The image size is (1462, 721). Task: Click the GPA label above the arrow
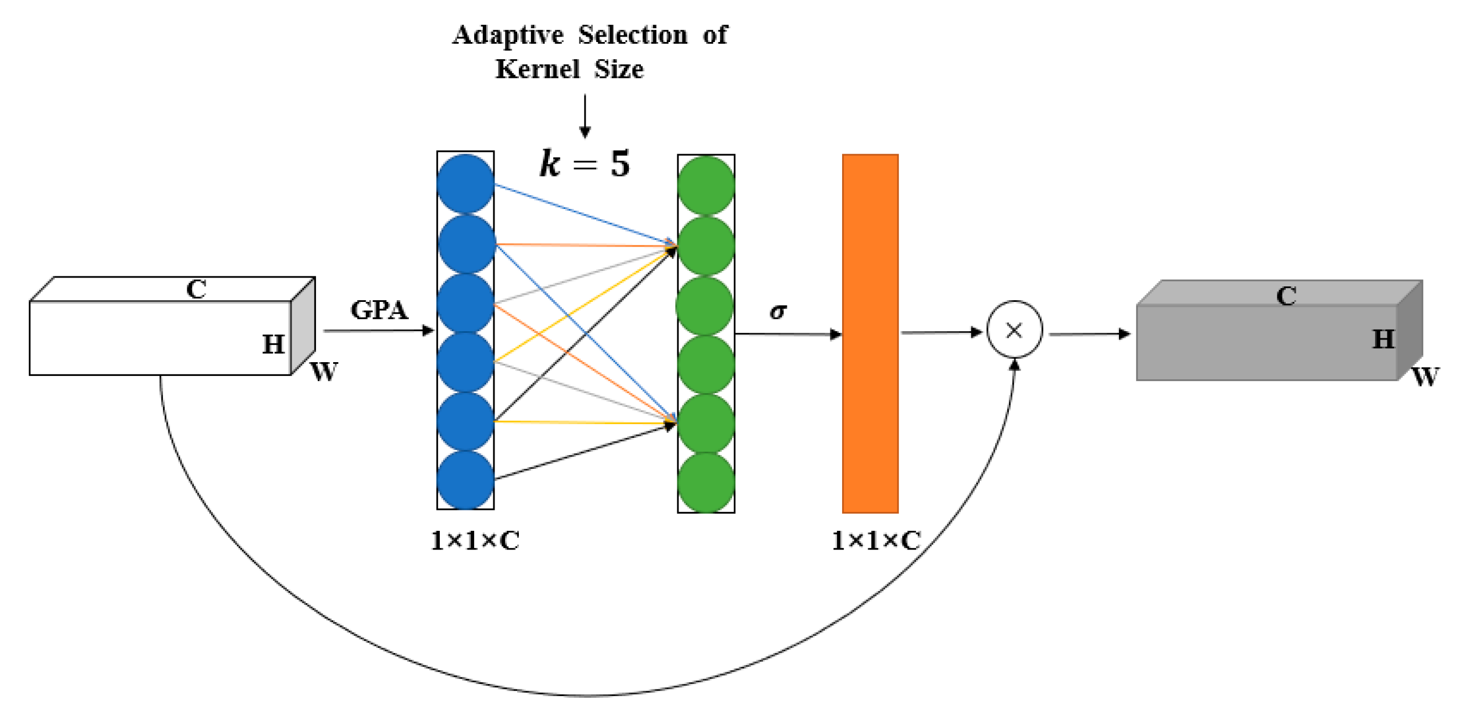pos(379,310)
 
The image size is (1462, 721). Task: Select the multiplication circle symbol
pos(1014,330)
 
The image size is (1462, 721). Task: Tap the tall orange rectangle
pos(870,333)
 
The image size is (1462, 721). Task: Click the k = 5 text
pos(584,164)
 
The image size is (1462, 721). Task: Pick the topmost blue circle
pos(465,184)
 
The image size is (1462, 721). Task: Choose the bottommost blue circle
pos(465,480)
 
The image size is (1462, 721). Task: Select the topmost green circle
pos(706,185)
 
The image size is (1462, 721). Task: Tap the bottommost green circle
pos(706,483)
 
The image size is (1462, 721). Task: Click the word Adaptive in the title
pos(507,35)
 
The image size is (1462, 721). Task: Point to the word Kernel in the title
pos(537,69)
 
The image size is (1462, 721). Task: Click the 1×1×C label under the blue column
pos(475,540)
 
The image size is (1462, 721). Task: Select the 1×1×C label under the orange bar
pos(876,540)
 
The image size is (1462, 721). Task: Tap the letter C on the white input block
pos(196,289)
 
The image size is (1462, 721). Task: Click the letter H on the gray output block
pos(1383,339)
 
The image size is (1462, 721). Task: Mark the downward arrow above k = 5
pos(585,116)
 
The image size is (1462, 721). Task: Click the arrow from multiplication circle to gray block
pos(1090,334)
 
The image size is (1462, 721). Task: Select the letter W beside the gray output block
pos(1424,376)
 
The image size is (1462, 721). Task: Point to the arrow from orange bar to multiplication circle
pos(941,332)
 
